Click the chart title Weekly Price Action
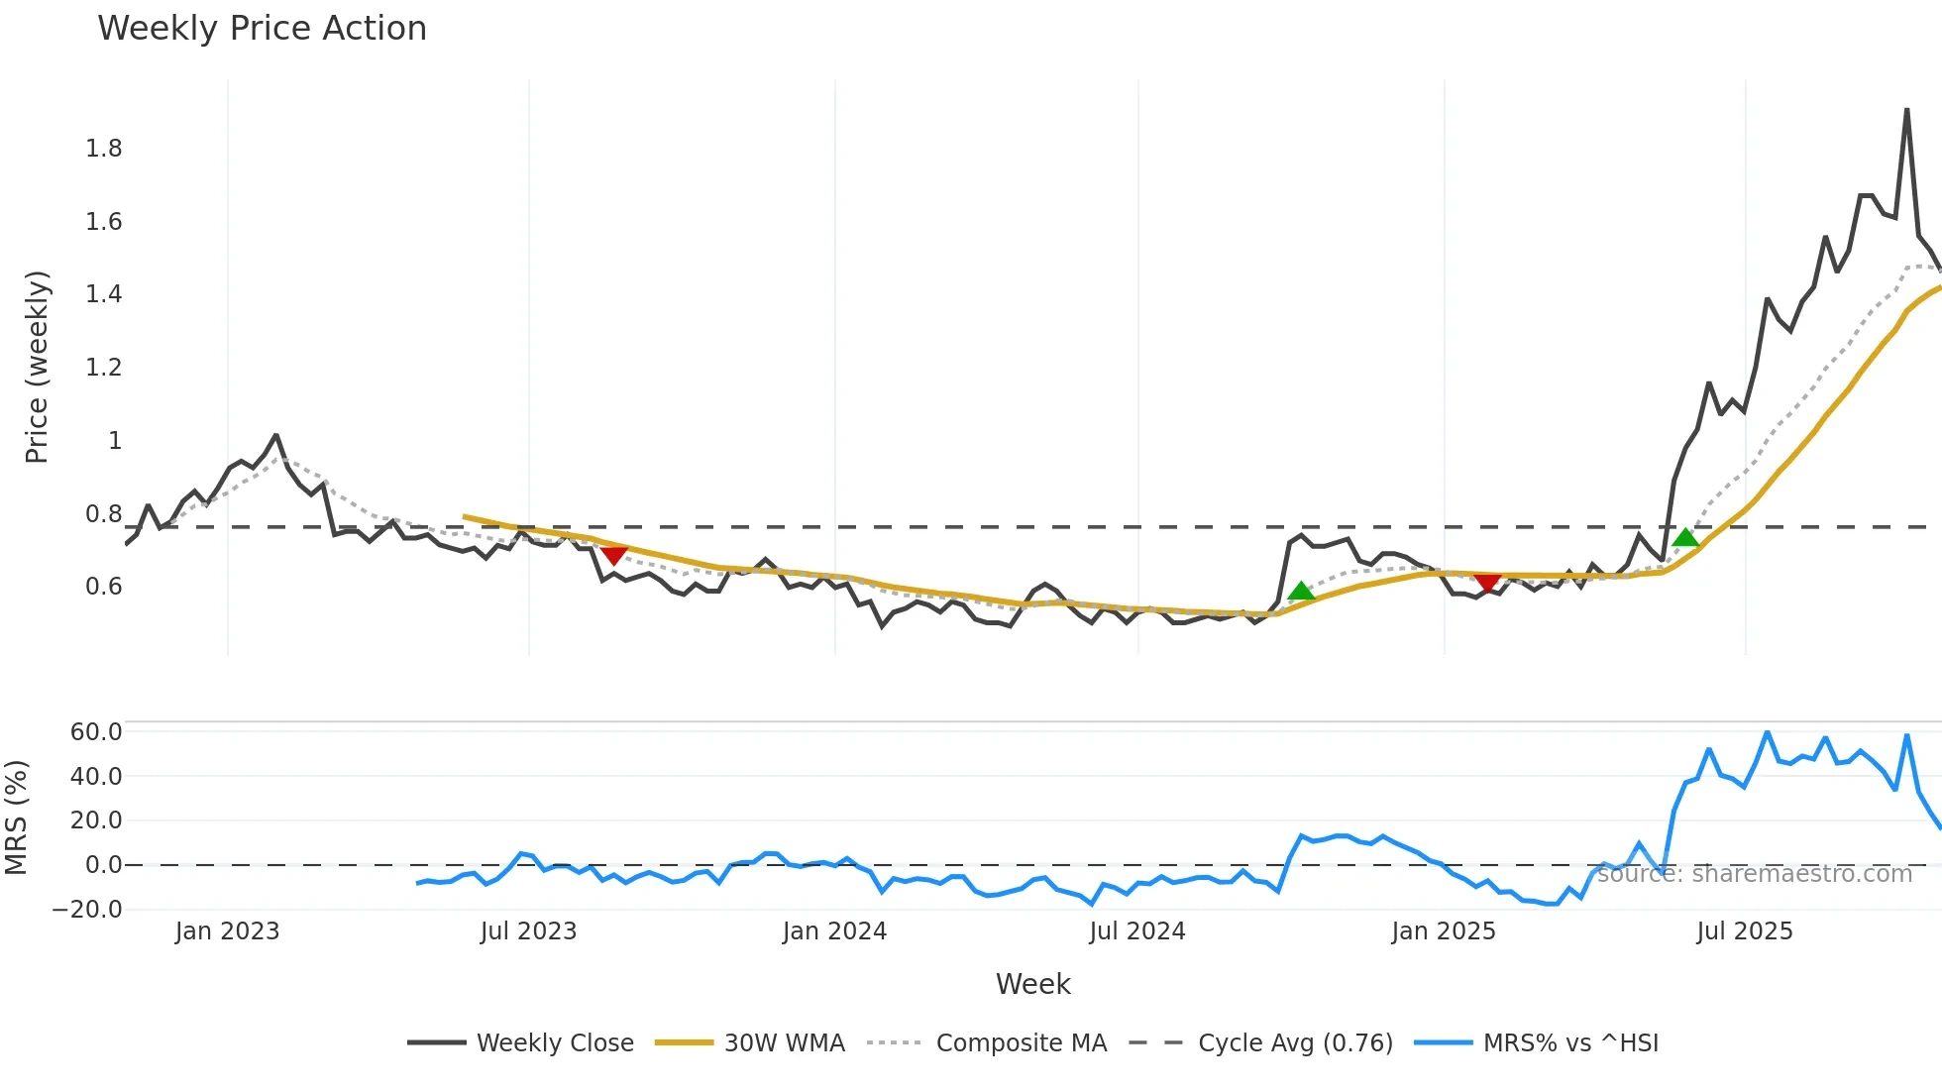click(262, 29)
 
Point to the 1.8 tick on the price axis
click(104, 149)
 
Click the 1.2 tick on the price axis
click(104, 368)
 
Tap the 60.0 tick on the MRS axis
click(96, 732)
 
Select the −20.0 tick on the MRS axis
click(88, 909)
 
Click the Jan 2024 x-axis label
click(834, 931)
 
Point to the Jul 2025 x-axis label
click(1745, 931)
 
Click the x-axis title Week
click(1032, 984)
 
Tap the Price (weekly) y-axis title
click(37, 367)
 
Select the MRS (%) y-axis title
click(16, 818)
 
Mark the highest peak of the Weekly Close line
click(1906, 110)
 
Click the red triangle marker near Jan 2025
click(1487, 582)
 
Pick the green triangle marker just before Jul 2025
click(1685, 538)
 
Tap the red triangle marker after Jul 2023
click(614, 555)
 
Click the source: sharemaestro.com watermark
click(1754, 874)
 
